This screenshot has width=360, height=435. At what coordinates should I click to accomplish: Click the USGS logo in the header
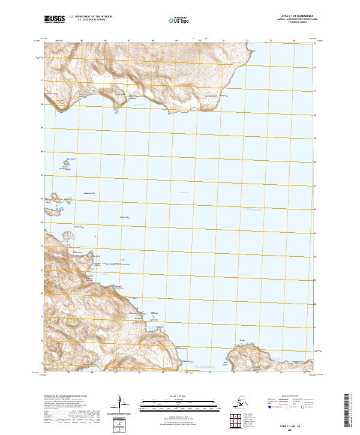coord(55,20)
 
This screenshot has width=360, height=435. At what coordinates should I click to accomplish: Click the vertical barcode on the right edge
coord(351,408)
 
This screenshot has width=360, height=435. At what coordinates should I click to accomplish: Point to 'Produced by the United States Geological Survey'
coord(67,397)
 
